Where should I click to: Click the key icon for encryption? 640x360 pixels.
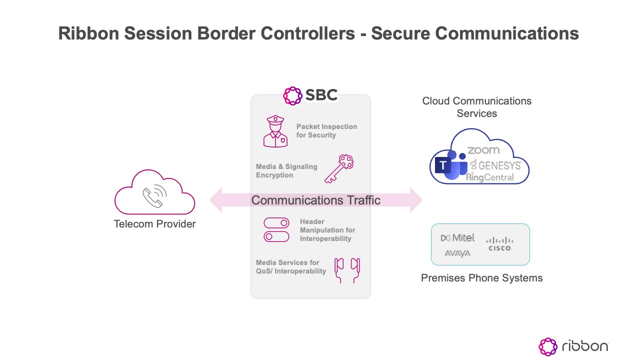point(339,169)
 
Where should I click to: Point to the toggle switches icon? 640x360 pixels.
point(276,230)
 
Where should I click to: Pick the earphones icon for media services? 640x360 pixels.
point(347,270)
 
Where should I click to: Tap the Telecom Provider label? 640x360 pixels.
point(155,224)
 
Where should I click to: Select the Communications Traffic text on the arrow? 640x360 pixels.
point(315,200)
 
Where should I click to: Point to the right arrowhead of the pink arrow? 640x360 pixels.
point(416,200)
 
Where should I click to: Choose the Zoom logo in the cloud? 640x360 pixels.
point(483,150)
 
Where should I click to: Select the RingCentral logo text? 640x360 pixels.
point(490,177)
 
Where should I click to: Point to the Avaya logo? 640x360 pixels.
point(457,253)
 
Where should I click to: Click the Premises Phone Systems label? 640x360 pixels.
point(481,278)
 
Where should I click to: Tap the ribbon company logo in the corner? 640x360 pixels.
point(573,346)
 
